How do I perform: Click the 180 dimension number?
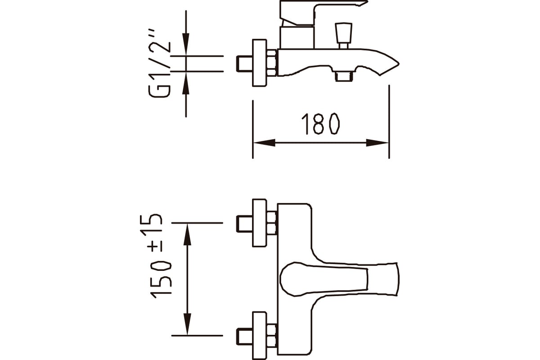coord(320,124)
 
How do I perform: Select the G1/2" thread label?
coord(160,63)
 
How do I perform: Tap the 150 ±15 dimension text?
coord(156,256)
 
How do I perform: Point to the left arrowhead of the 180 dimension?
coord(265,143)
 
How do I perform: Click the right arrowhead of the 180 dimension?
coord(377,143)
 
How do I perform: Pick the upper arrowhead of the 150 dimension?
coord(187,234)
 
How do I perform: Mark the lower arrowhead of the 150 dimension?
coord(187,324)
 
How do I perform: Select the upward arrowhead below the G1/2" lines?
coord(185,83)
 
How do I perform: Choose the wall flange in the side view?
coord(259,63)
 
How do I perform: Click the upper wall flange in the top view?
coord(259,223)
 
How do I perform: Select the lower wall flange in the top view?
coord(259,336)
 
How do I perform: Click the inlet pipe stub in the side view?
coord(244,63)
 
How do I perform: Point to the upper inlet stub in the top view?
coord(244,224)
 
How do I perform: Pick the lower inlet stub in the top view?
coord(244,336)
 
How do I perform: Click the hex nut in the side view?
coord(272,63)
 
